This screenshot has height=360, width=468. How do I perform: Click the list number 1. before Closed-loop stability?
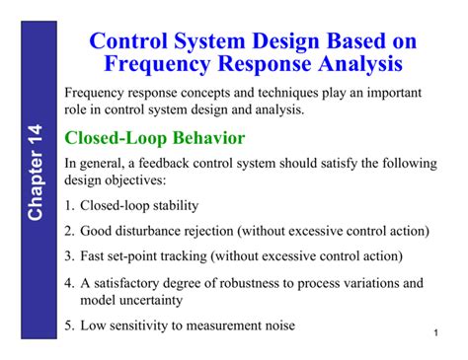[x=69, y=206]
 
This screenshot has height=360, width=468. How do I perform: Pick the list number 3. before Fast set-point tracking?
[x=69, y=255]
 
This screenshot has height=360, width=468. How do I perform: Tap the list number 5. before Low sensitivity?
[x=69, y=326]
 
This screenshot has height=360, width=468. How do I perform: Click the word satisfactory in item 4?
[x=125, y=282]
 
